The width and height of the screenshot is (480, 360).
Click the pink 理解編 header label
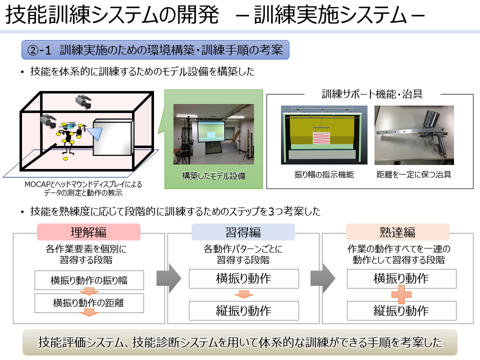[x=88, y=231]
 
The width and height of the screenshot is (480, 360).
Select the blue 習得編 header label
[x=243, y=231]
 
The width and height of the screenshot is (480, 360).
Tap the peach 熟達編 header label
[x=397, y=231]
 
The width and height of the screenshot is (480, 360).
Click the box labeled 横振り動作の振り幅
[x=89, y=280]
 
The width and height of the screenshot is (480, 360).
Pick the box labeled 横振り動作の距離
[x=89, y=303]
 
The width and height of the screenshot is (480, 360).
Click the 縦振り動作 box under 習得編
[x=243, y=310]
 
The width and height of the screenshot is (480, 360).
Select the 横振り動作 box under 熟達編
[x=401, y=278]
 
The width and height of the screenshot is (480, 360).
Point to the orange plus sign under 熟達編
[x=401, y=294]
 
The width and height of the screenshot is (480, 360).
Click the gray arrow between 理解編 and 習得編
[x=168, y=278]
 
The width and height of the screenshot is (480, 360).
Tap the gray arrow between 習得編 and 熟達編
[x=323, y=278]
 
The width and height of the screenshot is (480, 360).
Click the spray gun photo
[x=414, y=135]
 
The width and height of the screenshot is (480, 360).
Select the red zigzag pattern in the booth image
[x=321, y=138]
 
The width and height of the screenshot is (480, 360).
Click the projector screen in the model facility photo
[x=211, y=131]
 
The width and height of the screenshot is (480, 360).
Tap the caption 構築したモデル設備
[x=213, y=175]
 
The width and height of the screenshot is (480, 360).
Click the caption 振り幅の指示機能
[x=324, y=174]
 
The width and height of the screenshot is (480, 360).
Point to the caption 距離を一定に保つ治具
[x=414, y=174]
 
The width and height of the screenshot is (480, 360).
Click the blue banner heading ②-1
[x=155, y=49]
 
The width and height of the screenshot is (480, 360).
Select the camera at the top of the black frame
[x=83, y=101]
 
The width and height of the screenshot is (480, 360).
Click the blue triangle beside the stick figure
[x=95, y=133]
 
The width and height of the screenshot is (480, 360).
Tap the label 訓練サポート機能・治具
[x=372, y=94]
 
